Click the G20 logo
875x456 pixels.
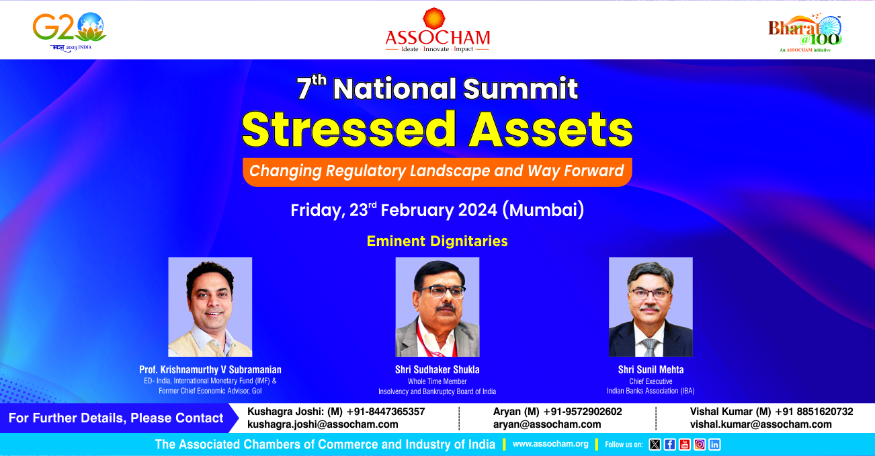pyautogui.click(x=69, y=32)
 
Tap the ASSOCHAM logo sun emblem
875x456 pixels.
pyautogui.click(x=434, y=18)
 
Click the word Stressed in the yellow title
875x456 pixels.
pyautogui.click(x=349, y=129)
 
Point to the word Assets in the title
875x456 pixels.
pyautogui.click(x=551, y=129)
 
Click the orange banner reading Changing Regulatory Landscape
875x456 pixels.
pyautogui.click(x=437, y=172)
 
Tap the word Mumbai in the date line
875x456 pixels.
pyautogui.click(x=543, y=210)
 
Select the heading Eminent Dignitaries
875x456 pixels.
pyautogui.click(x=437, y=241)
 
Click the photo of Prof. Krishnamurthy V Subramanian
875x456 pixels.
pyautogui.click(x=210, y=307)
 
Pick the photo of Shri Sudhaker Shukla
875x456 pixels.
pyautogui.click(x=437, y=307)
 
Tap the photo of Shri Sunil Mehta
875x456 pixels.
pyautogui.click(x=651, y=307)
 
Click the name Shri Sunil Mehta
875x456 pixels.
pyautogui.click(x=651, y=369)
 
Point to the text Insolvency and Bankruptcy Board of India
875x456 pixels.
pyautogui.click(x=437, y=391)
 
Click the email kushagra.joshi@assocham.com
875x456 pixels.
pyautogui.click(x=323, y=424)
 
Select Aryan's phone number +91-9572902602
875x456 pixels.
pyautogui.click(x=583, y=412)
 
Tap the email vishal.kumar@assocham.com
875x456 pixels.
pyautogui.click(x=761, y=424)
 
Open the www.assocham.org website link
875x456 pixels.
pyautogui.click(x=550, y=444)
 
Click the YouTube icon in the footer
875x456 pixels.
pyautogui.click(x=684, y=445)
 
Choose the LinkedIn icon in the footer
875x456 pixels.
pyautogui.click(x=714, y=445)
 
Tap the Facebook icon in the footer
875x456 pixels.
pyautogui.click(x=669, y=445)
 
